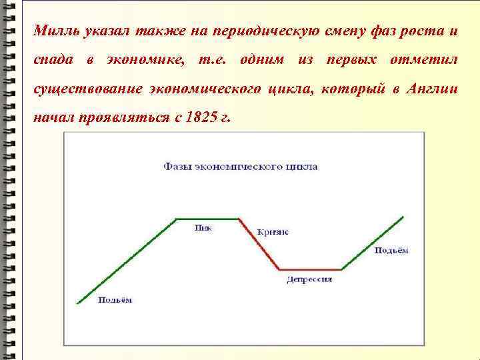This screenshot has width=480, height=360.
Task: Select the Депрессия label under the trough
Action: click(x=309, y=279)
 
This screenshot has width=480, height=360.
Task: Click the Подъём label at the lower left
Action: click(x=115, y=300)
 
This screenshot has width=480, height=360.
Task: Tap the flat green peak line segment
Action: click(x=207, y=218)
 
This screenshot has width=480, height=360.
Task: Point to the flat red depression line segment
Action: click(x=310, y=269)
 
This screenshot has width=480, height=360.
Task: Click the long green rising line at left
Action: click(x=127, y=261)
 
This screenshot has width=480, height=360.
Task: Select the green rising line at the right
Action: click(x=373, y=243)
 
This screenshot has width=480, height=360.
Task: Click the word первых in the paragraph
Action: click(x=351, y=60)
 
